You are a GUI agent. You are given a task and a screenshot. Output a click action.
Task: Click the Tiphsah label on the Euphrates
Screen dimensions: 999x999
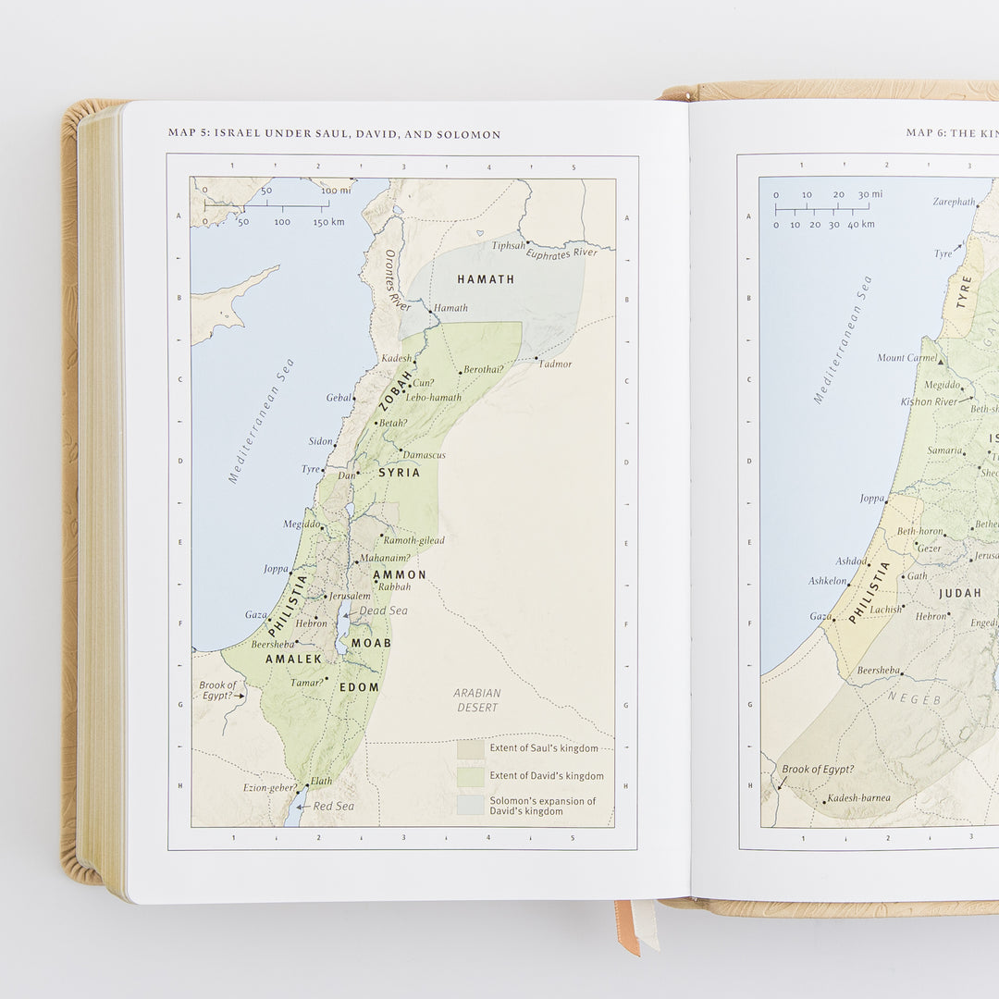[x=508, y=246]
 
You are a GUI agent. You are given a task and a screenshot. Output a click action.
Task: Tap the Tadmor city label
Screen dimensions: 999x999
[x=555, y=364]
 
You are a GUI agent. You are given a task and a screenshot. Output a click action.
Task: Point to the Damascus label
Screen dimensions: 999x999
[x=425, y=455]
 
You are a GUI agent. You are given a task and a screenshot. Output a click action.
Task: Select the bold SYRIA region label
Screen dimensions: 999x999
[x=399, y=473]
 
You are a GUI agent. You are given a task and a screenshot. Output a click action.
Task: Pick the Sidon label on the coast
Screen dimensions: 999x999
[x=320, y=441]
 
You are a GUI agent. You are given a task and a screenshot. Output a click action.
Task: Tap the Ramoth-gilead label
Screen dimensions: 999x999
[x=413, y=540]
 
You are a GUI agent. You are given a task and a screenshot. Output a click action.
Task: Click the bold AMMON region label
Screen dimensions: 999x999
[x=400, y=574]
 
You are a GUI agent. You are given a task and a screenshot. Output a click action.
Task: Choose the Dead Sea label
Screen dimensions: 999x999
[x=383, y=610]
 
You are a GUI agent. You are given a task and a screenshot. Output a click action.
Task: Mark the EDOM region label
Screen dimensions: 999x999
[x=359, y=686]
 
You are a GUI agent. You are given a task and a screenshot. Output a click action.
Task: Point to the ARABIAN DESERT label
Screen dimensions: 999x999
[x=477, y=700]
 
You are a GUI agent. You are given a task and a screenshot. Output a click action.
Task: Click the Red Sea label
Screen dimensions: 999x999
[x=333, y=807]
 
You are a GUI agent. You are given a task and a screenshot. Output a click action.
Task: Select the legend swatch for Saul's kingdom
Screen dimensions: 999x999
[x=470, y=748]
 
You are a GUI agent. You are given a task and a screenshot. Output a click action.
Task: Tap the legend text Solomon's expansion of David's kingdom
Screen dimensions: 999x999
[x=542, y=806]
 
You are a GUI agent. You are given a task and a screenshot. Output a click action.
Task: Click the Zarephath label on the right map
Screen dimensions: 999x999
[x=953, y=202]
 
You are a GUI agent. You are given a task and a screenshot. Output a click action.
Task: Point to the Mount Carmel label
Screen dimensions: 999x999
[x=906, y=358]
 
